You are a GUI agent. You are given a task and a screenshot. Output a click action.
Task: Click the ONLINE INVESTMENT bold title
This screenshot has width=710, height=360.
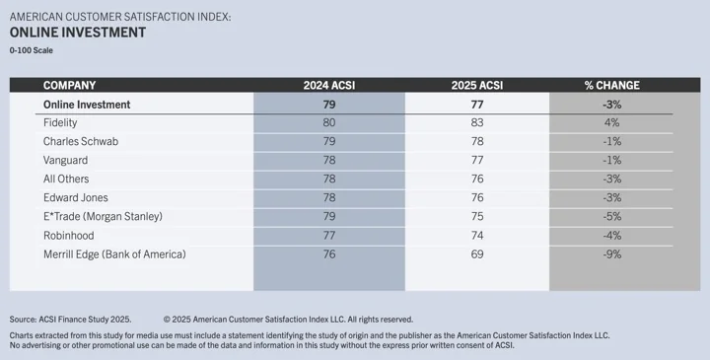[78, 33]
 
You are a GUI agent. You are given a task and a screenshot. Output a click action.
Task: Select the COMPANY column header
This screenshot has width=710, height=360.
[69, 85]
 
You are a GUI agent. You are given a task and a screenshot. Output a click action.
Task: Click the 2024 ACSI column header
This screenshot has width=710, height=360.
[328, 85]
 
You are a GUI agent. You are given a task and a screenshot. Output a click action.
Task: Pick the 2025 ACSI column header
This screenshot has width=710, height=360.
[477, 85]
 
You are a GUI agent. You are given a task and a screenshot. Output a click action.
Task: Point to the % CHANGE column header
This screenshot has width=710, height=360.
[610, 85]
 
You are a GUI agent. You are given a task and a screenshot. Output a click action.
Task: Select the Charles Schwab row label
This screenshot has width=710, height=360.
[81, 141]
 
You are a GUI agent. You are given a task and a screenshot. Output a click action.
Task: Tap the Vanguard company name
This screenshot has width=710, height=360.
[66, 160]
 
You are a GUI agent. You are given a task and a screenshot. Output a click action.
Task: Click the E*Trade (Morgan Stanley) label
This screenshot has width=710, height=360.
[103, 216]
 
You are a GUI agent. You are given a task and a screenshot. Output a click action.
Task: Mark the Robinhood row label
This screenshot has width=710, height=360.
[69, 236]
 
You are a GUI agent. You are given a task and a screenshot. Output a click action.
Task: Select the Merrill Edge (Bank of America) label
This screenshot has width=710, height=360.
[115, 254]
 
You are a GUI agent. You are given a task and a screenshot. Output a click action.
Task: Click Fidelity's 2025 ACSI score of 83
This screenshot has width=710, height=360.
[477, 122]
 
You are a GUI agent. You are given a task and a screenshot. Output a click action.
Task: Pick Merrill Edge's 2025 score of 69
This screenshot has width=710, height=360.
[477, 254]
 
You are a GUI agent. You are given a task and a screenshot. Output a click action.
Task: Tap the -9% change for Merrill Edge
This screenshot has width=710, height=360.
[610, 254]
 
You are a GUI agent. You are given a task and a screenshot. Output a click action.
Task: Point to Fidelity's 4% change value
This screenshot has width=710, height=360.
[610, 122]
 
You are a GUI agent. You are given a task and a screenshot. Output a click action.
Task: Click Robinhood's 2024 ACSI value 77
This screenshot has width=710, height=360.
[328, 236]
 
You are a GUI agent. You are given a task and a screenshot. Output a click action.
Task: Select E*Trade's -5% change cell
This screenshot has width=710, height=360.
[610, 216]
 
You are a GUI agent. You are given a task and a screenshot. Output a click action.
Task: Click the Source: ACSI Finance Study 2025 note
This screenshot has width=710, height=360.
[70, 320]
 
